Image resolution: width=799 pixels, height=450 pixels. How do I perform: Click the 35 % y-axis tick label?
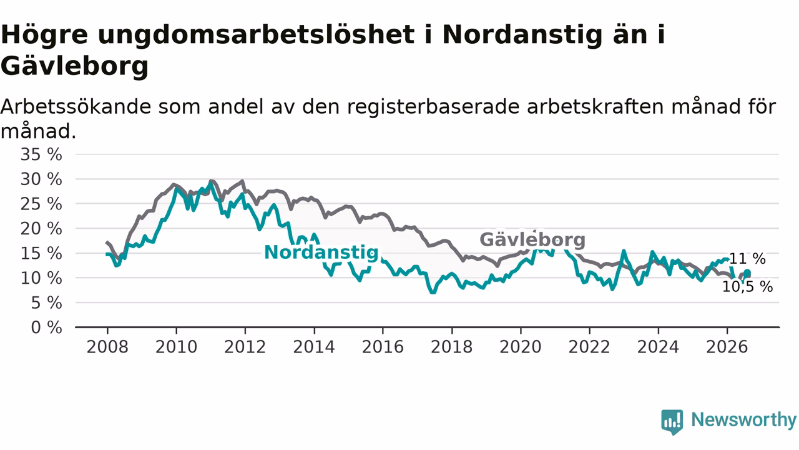[41, 154]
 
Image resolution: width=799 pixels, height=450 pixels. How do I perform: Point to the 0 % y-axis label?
[46, 327]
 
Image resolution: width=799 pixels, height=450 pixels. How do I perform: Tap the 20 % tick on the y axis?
[41, 229]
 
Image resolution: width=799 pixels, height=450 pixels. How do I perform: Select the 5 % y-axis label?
[46, 303]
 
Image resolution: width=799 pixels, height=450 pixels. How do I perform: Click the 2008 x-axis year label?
[107, 347]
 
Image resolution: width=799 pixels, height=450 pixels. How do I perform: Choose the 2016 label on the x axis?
[383, 347]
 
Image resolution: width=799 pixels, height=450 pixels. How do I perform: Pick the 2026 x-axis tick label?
[727, 347]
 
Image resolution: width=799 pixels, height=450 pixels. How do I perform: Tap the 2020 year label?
[521, 347]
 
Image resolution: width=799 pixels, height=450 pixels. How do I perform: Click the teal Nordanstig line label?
[321, 253]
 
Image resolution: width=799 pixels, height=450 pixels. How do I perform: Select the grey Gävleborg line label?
[532, 239]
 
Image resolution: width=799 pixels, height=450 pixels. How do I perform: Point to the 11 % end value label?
[747, 259]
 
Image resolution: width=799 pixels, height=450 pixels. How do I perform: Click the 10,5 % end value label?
[747, 286]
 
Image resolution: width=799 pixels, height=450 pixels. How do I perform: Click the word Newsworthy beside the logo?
[743, 419]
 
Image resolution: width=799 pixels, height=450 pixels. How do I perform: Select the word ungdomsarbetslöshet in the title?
[256, 36]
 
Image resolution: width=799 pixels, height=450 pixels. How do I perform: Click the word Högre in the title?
[44, 36]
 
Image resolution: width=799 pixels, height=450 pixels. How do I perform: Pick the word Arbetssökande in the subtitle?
[76, 106]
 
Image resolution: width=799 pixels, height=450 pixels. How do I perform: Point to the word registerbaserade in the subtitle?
[433, 107]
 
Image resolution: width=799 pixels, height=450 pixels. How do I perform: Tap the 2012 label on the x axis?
[245, 347]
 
